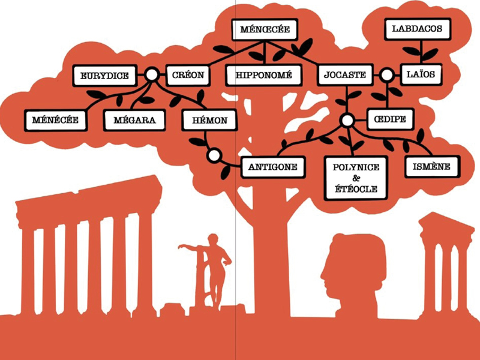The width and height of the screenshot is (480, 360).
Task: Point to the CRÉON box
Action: [x=187, y=75]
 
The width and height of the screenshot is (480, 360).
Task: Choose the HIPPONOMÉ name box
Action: [x=264, y=76]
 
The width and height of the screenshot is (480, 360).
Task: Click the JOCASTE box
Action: [x=345, y=75]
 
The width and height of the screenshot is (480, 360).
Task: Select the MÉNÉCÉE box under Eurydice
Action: [x=55, y=120]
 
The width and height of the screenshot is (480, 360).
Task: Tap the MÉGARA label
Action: [x=134, y=120]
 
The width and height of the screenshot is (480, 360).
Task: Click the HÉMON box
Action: [x=208, y=120]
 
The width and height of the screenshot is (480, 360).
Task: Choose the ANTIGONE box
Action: [x=273, y=167]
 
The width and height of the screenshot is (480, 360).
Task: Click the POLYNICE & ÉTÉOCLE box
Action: [x=356, y=178]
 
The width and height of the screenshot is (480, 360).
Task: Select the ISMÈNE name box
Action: [x=432, y=166]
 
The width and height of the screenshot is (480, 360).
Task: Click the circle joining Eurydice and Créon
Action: [x=152, y=75]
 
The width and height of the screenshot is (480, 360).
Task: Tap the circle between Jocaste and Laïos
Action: [x=387, y=75]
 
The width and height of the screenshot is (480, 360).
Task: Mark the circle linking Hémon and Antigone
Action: [x=213, y=156]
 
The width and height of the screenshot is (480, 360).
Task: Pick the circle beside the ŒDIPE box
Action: [x=347, y=121]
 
